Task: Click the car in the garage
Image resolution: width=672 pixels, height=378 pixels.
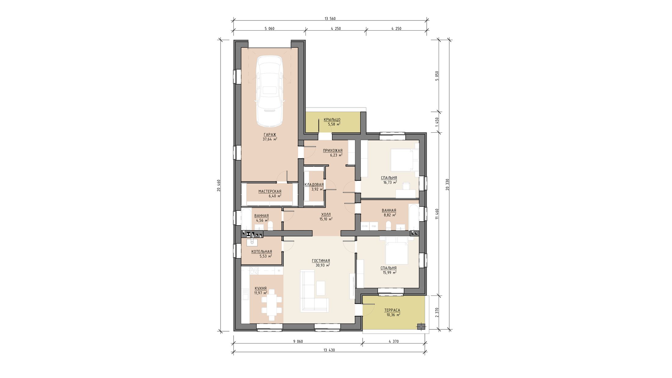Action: [x=269, y=91]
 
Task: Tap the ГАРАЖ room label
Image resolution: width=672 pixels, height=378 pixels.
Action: [x=270, y=135]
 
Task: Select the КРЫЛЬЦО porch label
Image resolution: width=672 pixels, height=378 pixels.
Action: [x=332, y=119]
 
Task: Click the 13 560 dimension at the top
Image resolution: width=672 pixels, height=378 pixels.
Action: [x=330, y=19]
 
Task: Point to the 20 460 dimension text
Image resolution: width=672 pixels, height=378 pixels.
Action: [x=219, y=185]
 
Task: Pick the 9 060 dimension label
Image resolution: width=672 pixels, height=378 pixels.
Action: [x=298, y=341]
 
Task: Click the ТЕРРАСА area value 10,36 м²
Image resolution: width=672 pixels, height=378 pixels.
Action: [x=393, y=315]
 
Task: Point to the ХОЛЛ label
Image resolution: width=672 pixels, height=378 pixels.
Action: [x=326, y=215]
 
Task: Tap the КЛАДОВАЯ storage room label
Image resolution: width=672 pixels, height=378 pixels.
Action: [x=314, y=185]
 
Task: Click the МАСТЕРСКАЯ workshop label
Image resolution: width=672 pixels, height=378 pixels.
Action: [x=270, y=192]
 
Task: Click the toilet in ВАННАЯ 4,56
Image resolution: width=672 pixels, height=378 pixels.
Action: [x=270, y=226]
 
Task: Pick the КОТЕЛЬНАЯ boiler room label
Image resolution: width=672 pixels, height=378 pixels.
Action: [x=261, y=252]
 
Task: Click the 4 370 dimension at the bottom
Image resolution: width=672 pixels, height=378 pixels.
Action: [x=393, y=341]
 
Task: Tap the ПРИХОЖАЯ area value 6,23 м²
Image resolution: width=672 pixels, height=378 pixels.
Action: [x=336, y=155]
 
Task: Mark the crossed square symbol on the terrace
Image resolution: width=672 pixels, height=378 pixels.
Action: [x=421, y=326]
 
